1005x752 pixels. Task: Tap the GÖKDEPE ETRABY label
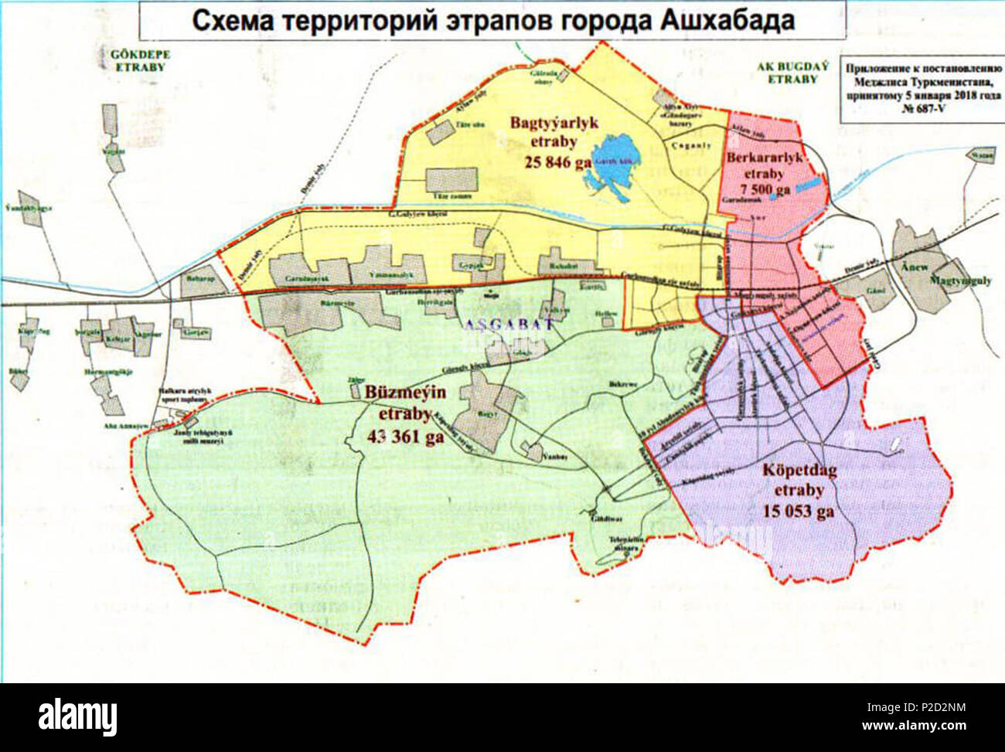pyautogui.click(x=140, y=61)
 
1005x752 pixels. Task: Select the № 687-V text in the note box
pyautogui.click(x=925, y=109)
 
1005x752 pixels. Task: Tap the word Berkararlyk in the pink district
pyautogui.click(x=765, y=158)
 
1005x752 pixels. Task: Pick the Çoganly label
pyautogui.click(x=690, y=145)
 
